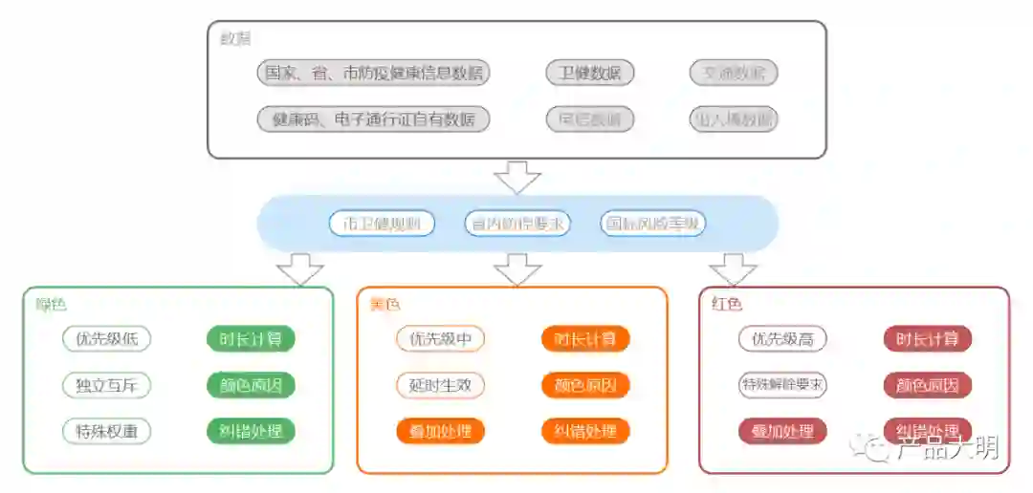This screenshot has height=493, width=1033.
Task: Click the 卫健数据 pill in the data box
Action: pyautogui.click(x=590, y=73)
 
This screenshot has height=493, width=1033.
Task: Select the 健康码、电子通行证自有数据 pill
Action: pyautogui.click(x=373, y=119)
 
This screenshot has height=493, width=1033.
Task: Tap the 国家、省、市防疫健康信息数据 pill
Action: pyautogui.click(x=373, y=73)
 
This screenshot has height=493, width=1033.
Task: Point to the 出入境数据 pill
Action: pyautogui.click(x=734, y=119)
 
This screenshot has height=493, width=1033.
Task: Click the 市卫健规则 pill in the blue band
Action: pyautogui.click(x=382, y=224)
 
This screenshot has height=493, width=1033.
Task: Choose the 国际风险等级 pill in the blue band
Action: pyautogui.click(x=654, y=224)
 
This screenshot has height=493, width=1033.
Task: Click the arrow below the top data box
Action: pyautogui.click(x=517, y=177)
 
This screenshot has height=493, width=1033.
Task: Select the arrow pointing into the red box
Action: pyautogui.click(x=734, y=268)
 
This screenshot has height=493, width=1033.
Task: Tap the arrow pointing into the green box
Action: pyautogui.click(x=299, y=268)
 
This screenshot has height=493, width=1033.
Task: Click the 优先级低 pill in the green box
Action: pyautogui.click(x=107, y=338)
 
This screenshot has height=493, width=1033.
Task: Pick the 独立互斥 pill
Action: pyautogui.click(x=107, y=385)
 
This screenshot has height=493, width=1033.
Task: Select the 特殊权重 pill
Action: pyautogui.click(x=107, y=431)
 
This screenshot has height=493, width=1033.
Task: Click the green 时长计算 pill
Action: pyautogui.click(x=251, y=338)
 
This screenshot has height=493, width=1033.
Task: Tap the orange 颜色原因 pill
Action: pyautogui.click(x=585, y=385)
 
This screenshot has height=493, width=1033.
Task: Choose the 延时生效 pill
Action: pyautogui.click(x=441, y=385)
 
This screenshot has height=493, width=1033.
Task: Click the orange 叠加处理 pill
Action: pyautogui.click(x=441, y=431)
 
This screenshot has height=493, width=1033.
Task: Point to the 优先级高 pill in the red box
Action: pyautogui.click(x=782, y=338)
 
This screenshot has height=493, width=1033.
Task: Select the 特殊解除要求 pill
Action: pyautogui.click(x=782, y=385)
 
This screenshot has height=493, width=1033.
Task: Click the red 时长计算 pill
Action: pyautogui.click(x=927, y=338)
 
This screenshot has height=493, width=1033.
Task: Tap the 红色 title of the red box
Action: pyautogui.click(x=727, y=304)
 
